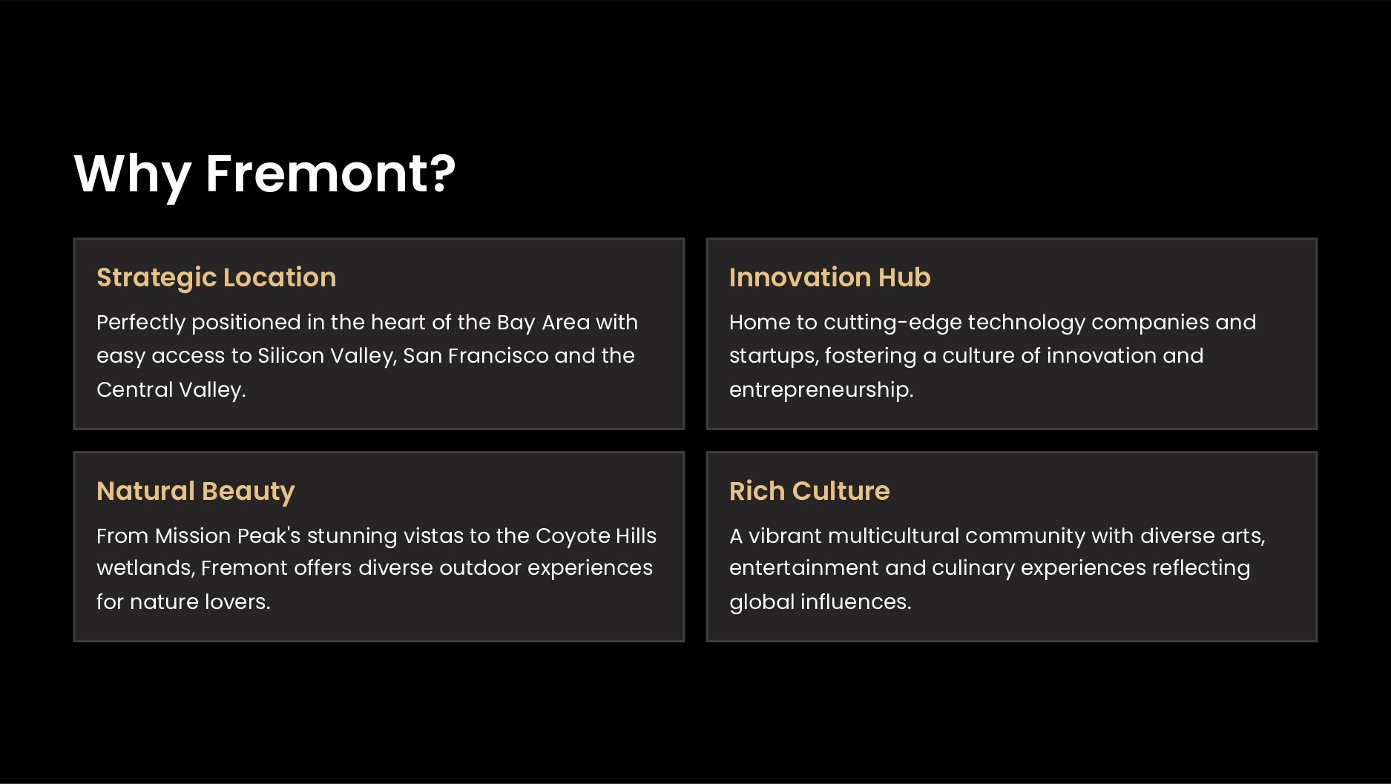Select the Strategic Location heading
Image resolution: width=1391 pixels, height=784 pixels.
[x=217, y=278]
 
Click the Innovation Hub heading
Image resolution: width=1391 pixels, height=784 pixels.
[x=829, y=277]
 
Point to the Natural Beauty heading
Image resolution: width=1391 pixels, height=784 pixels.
[x=196, y=492]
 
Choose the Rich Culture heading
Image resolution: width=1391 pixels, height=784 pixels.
[x=809, y=491]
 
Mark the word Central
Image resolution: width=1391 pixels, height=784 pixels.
[x=134, y=389]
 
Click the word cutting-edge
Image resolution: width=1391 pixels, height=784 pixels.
[x=892, y=323]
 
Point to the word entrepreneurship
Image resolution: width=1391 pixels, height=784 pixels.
[x=821, y=390]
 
